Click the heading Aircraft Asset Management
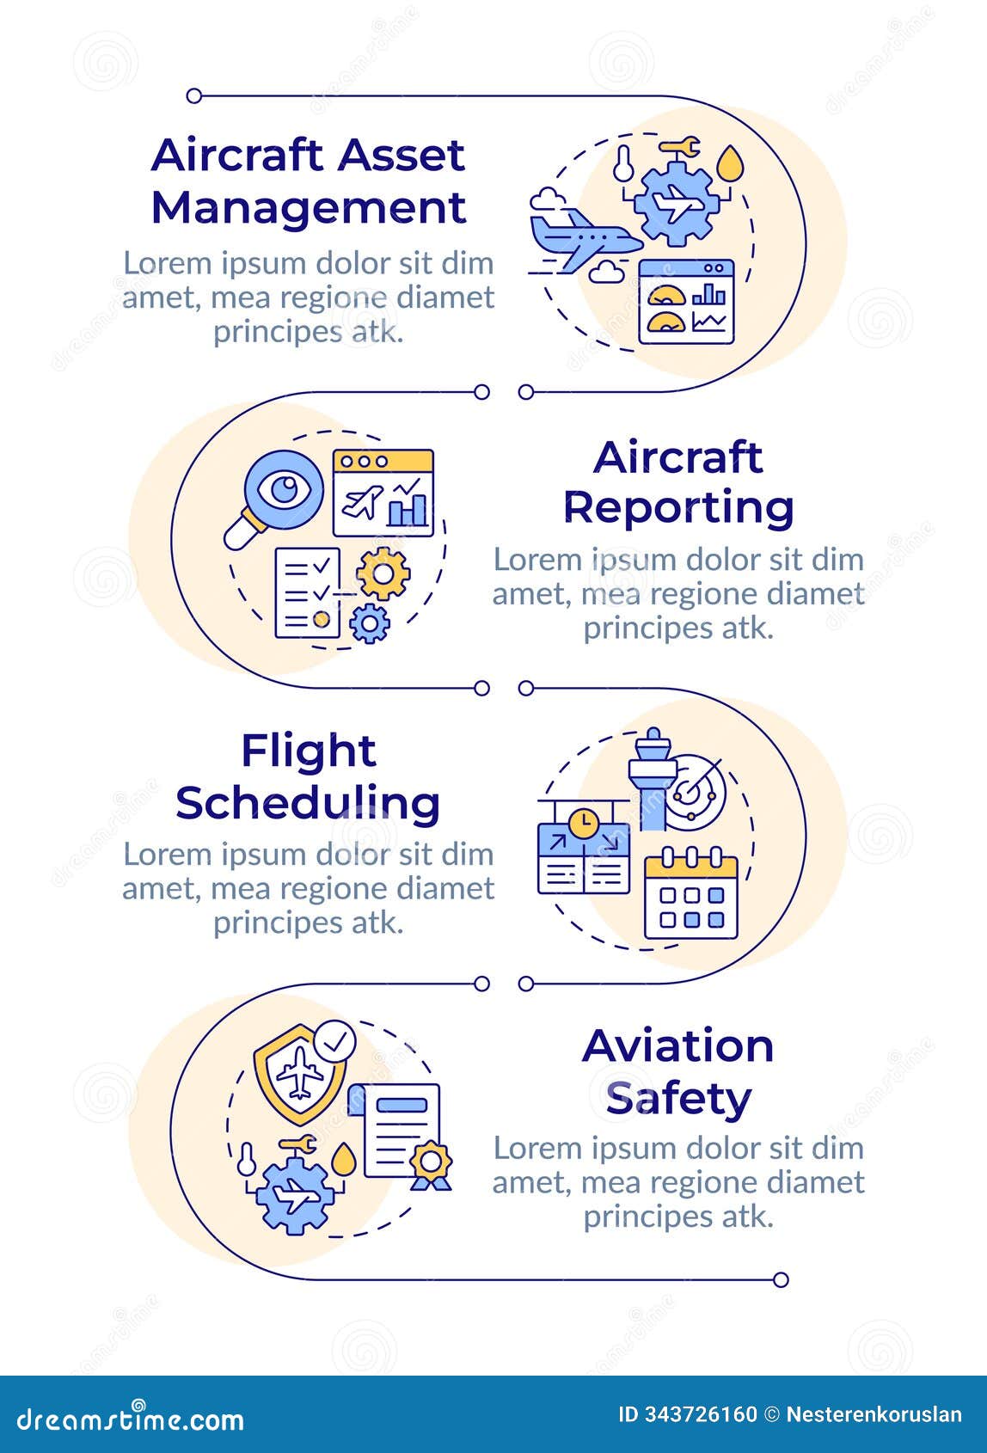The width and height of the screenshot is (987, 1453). coord(308,181)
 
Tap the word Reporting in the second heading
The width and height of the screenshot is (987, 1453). coord(678,507)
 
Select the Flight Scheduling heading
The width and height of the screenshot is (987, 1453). coord(308,777)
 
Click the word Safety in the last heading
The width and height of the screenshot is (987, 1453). coord(678,1098)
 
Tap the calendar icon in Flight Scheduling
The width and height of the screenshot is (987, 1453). coord(691,894)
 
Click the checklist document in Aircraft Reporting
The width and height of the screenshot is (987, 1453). coord(307,593)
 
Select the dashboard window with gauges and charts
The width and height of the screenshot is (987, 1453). coord(686,302)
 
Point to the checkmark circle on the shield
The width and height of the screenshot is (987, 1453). coord(334,1042)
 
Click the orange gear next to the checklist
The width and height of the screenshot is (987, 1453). coord(383,573)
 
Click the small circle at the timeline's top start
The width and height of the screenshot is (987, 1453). coord(194,95)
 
